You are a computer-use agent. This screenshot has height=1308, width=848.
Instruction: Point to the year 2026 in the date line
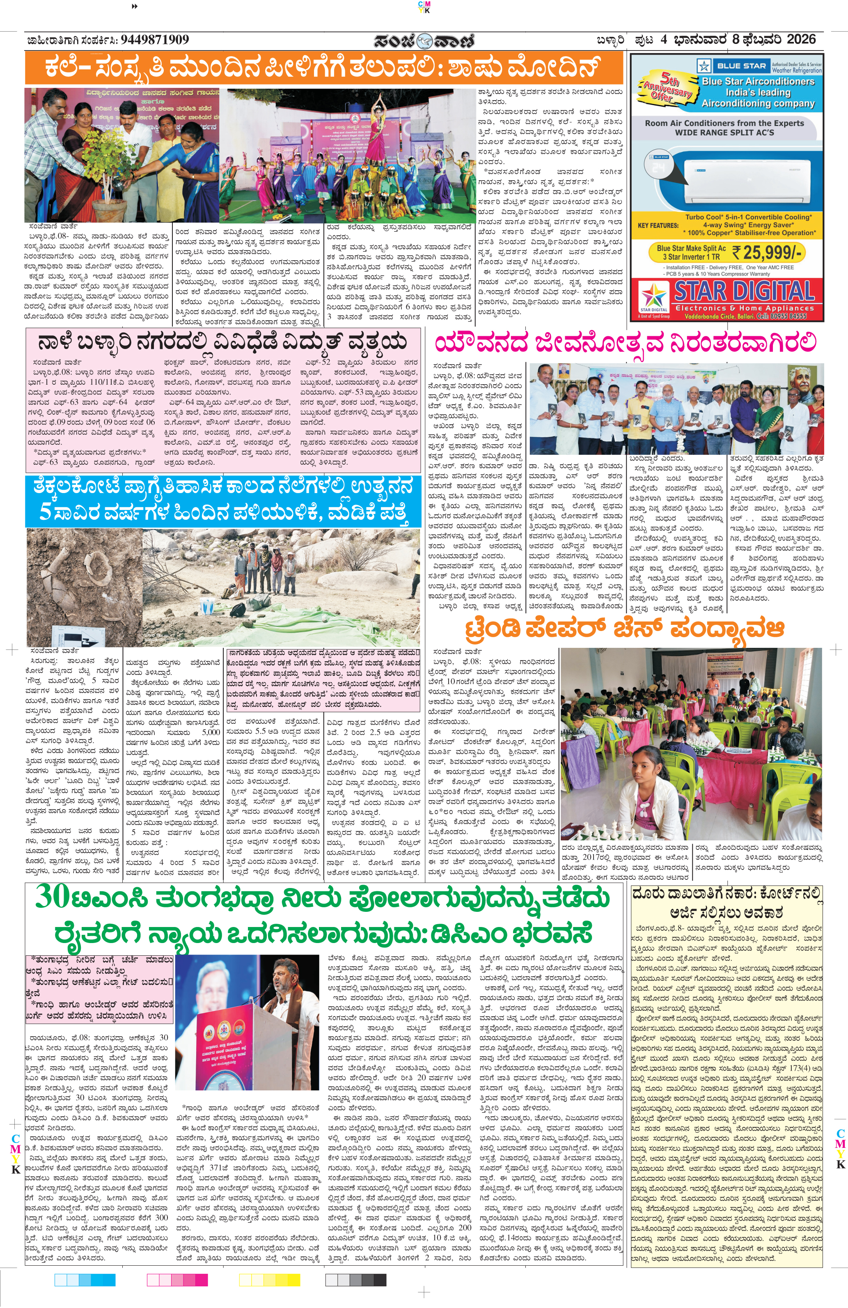[801, 39]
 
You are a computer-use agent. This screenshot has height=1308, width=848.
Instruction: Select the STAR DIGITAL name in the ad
[744, 291]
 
